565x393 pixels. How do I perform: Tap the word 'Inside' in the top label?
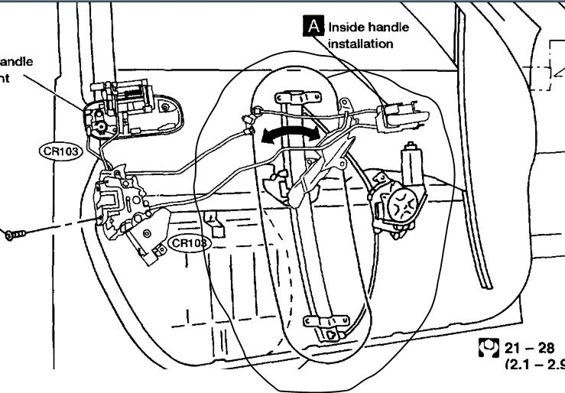tap(348, 28)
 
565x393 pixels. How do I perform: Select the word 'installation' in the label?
tap(360, 44)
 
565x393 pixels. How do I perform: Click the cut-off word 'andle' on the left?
tap(15, 60)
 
